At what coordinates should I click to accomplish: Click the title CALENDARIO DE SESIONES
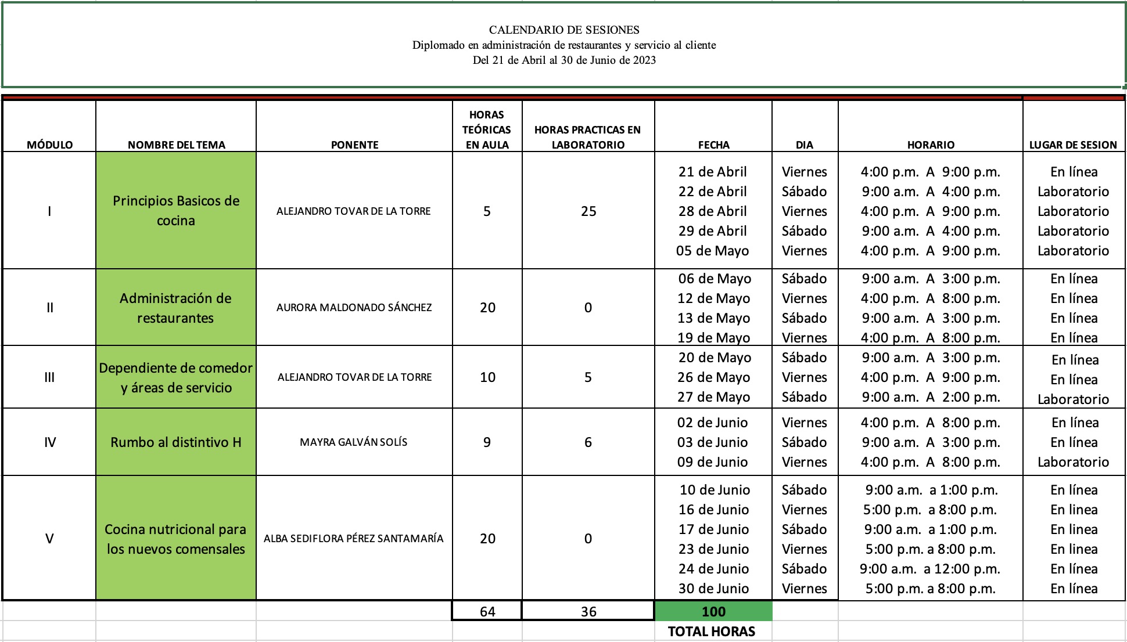pos(564,30)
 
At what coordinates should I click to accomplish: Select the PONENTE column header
pos(354,145)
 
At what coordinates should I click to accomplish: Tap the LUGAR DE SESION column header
pos(1073,145)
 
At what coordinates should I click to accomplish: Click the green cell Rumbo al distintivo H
pos(175,442)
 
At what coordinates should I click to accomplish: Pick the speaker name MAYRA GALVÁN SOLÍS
pos(353,442)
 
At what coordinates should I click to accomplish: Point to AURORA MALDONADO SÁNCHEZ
pos(354,307)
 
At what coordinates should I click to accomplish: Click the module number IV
pos(50,442)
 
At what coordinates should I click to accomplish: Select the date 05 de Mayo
pos(712,251)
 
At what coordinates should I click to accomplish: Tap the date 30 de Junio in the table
pos(713,589)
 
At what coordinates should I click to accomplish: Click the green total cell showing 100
pos(713,611)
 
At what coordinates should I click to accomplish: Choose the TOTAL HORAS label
pos(712,632)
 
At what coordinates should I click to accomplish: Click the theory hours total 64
pos(487,611)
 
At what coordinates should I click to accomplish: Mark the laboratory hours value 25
pos(588,211)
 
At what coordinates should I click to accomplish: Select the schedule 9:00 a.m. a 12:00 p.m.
pos(930,569)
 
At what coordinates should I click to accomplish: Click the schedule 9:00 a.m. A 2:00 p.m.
pos(930,397)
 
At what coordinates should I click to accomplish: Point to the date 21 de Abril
pos(712,172)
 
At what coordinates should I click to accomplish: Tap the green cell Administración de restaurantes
pos(175,308)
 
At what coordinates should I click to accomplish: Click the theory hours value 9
pos(487,442)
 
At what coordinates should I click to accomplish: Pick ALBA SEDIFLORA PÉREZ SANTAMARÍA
pos(353,539)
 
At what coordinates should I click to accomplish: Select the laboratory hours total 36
pos(588,611)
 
